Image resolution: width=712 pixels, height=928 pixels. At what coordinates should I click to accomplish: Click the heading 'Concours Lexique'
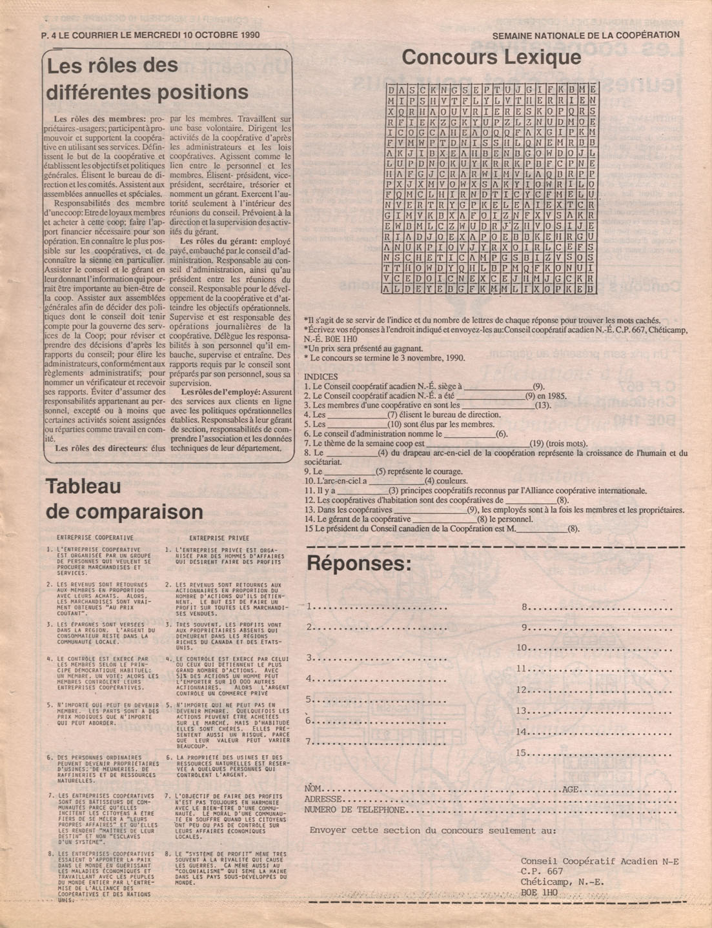(x=491, y=58)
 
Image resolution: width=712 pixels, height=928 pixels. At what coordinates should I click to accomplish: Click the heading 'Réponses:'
(x=358, y=564)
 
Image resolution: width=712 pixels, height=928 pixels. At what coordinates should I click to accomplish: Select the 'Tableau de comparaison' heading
(x=125, y=499)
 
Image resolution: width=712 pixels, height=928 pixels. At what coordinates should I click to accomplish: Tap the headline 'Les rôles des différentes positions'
(x=147, y=78)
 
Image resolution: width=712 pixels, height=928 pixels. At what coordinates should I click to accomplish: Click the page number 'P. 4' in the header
(x=48, y=35)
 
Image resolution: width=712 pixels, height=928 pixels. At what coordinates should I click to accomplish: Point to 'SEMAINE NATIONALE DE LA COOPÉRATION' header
(x=585, y=36)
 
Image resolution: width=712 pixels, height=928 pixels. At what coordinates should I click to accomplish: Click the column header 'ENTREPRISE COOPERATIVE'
(x=96, y=537)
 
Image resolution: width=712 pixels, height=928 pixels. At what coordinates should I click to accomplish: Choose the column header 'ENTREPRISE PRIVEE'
(x=219, y=537)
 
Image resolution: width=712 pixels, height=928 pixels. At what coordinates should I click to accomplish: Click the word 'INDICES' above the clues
(x=320, y=377)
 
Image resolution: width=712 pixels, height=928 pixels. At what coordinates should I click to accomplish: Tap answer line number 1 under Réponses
(x=378, y=607)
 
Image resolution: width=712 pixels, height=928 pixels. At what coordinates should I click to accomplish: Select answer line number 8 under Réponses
(x=597, y=607)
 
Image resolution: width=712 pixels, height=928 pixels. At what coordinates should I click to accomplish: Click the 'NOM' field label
(x=312, y=789)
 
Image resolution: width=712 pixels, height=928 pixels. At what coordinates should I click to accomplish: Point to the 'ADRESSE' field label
(x=323, y=800)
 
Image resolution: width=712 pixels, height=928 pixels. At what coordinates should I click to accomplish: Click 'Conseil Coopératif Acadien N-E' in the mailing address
(x=599, y=862)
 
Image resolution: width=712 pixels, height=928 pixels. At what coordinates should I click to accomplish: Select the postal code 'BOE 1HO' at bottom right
(x=539, y=893)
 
